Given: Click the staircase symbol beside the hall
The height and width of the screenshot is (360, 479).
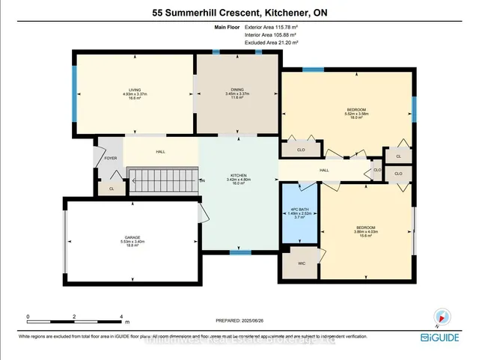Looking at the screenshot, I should click(161, 180).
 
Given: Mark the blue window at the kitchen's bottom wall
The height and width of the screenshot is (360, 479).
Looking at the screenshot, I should click(239, 252).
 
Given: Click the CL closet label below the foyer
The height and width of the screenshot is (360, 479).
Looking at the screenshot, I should click(111, 189).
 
